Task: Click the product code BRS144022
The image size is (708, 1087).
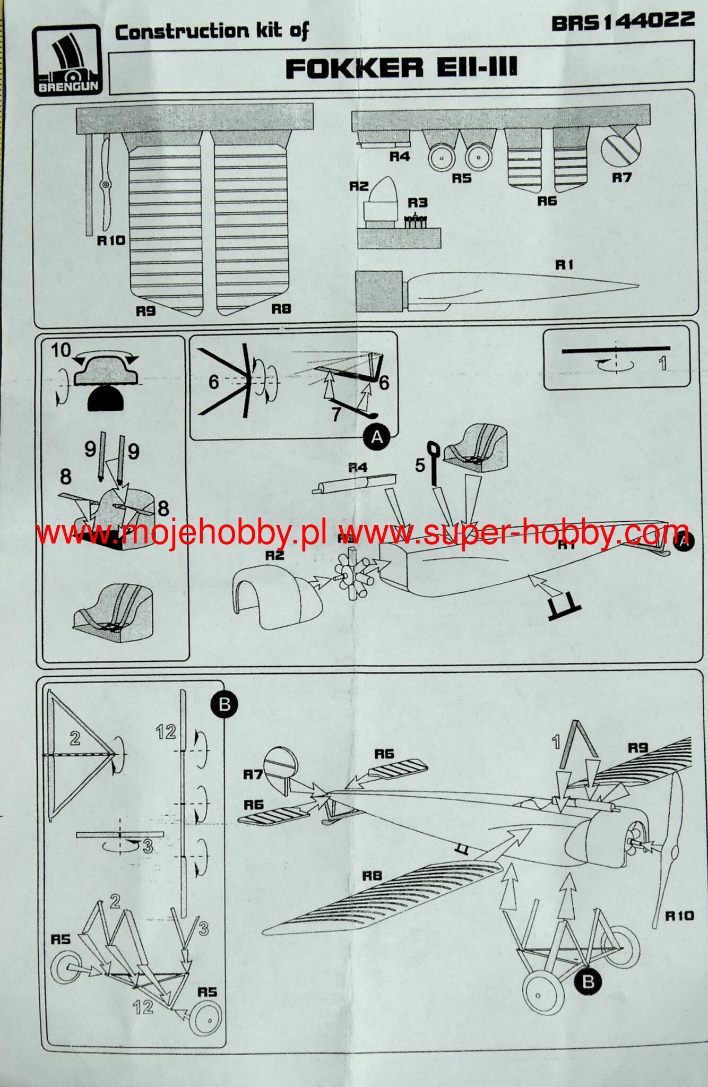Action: coord(623,21)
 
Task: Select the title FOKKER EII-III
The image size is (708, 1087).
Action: coord(401,68)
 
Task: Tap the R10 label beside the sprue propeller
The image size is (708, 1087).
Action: coord(111,240)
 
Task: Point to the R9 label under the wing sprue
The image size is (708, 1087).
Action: coord(146,310)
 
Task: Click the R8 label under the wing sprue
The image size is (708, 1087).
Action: coord(281,309)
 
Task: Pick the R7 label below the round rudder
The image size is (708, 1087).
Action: coord(621,178)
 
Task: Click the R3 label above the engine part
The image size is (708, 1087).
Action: coord(418,203)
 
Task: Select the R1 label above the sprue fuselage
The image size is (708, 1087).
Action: coord(564,264)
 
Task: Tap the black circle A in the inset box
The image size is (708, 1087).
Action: coord(377,437)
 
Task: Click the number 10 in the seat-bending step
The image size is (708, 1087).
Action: coord(61,350)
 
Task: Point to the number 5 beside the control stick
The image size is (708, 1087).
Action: coord(420,465)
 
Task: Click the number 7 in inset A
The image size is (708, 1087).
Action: coord(335,414)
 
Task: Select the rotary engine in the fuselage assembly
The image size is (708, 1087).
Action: coord(352,574)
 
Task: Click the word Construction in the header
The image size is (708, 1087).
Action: coord(182,32)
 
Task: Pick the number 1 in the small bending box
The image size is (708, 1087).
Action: coord(662,363)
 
